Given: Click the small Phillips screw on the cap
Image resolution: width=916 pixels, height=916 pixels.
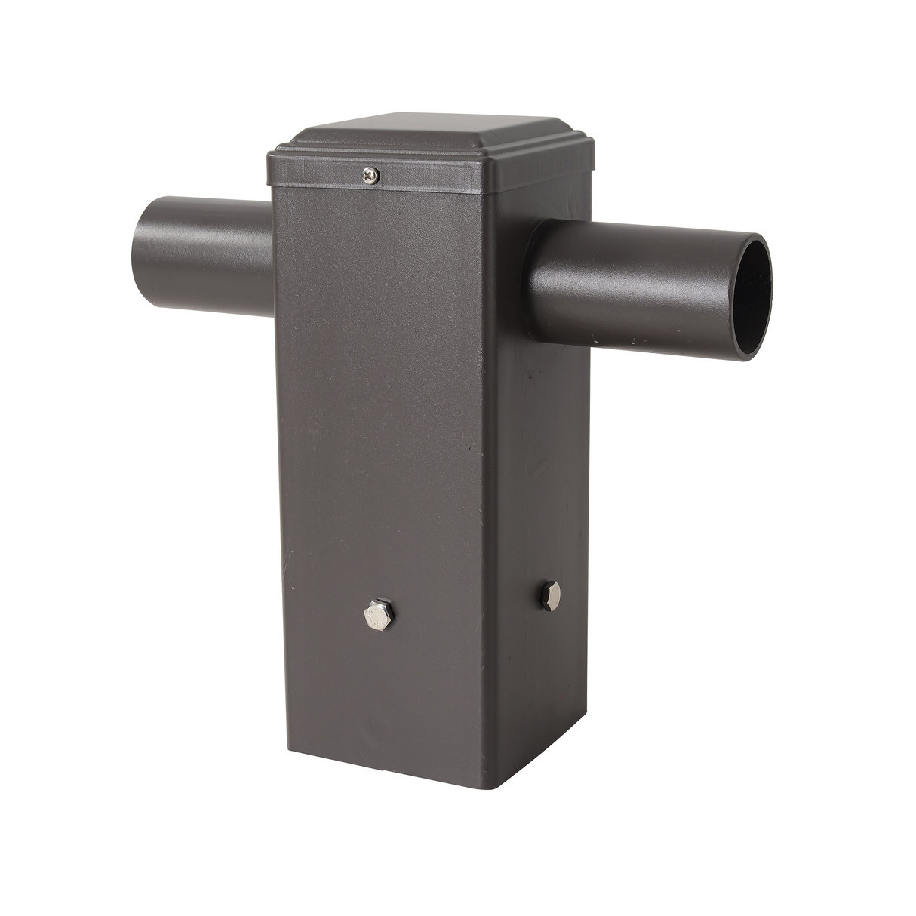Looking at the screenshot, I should pos(371,176).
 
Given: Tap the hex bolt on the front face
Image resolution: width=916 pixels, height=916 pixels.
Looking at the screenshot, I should pos(376,616).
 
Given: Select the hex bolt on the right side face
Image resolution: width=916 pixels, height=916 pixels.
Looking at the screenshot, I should pos(548,595).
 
